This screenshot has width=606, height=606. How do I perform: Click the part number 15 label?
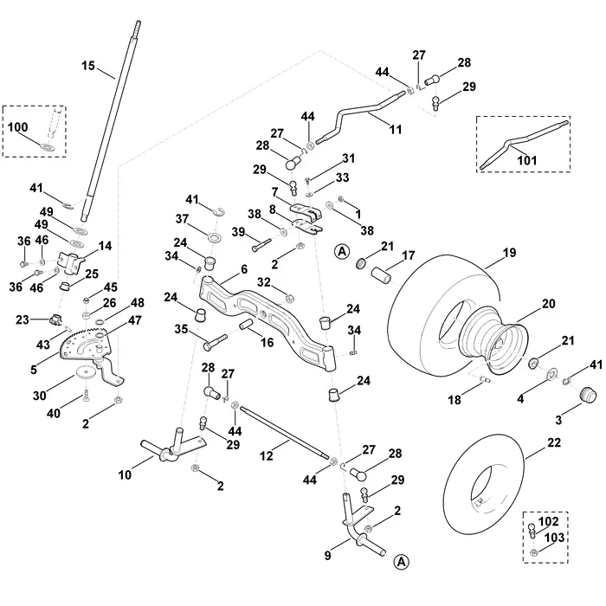tap(88, 66)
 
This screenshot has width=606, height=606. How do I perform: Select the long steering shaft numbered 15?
tap(112, 119)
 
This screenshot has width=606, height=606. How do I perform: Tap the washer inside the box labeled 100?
tap(47, 147)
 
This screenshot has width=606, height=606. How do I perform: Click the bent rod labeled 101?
tap(524, 143)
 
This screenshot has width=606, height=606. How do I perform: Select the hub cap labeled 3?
tap(589, 395)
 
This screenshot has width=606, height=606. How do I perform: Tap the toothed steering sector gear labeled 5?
tap(86, 344)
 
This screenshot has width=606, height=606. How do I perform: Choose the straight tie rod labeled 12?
tap(285, 433)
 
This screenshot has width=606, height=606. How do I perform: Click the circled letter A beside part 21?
tap(342, 252)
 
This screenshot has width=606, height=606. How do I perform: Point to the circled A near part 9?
tap(402, 561)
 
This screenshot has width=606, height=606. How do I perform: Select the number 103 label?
tap(554, 538)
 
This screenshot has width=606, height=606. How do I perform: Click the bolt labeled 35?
tap(215, 343)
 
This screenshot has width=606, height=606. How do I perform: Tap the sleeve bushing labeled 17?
tap(382, 274)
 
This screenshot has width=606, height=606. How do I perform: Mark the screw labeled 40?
tap(87, 396)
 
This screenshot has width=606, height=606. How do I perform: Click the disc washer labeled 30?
tap(87, 371)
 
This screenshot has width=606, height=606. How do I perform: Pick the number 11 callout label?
tap(396, 129)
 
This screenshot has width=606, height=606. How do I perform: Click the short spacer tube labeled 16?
tap(247, 325)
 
